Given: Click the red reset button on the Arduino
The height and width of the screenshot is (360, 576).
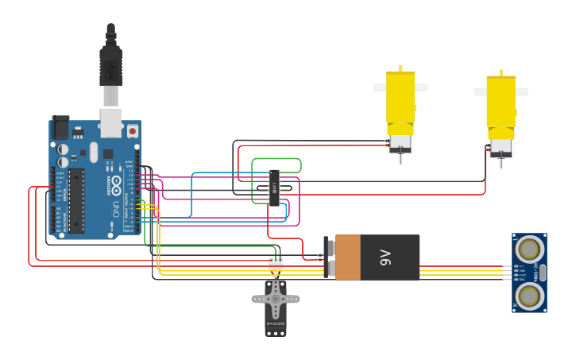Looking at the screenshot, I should (133, 130).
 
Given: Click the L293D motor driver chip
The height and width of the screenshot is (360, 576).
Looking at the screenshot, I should (274, 187).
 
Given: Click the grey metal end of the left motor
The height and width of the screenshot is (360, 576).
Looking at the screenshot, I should (400, 144).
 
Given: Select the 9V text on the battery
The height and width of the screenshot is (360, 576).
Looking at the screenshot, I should (385, 257).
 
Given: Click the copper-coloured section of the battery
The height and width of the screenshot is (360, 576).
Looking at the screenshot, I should (348, 257).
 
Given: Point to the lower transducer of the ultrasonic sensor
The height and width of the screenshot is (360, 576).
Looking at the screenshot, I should (528, 296).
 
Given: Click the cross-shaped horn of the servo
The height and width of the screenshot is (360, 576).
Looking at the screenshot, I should (276, 300).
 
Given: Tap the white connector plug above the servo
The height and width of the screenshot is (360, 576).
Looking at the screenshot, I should (275, 262).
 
